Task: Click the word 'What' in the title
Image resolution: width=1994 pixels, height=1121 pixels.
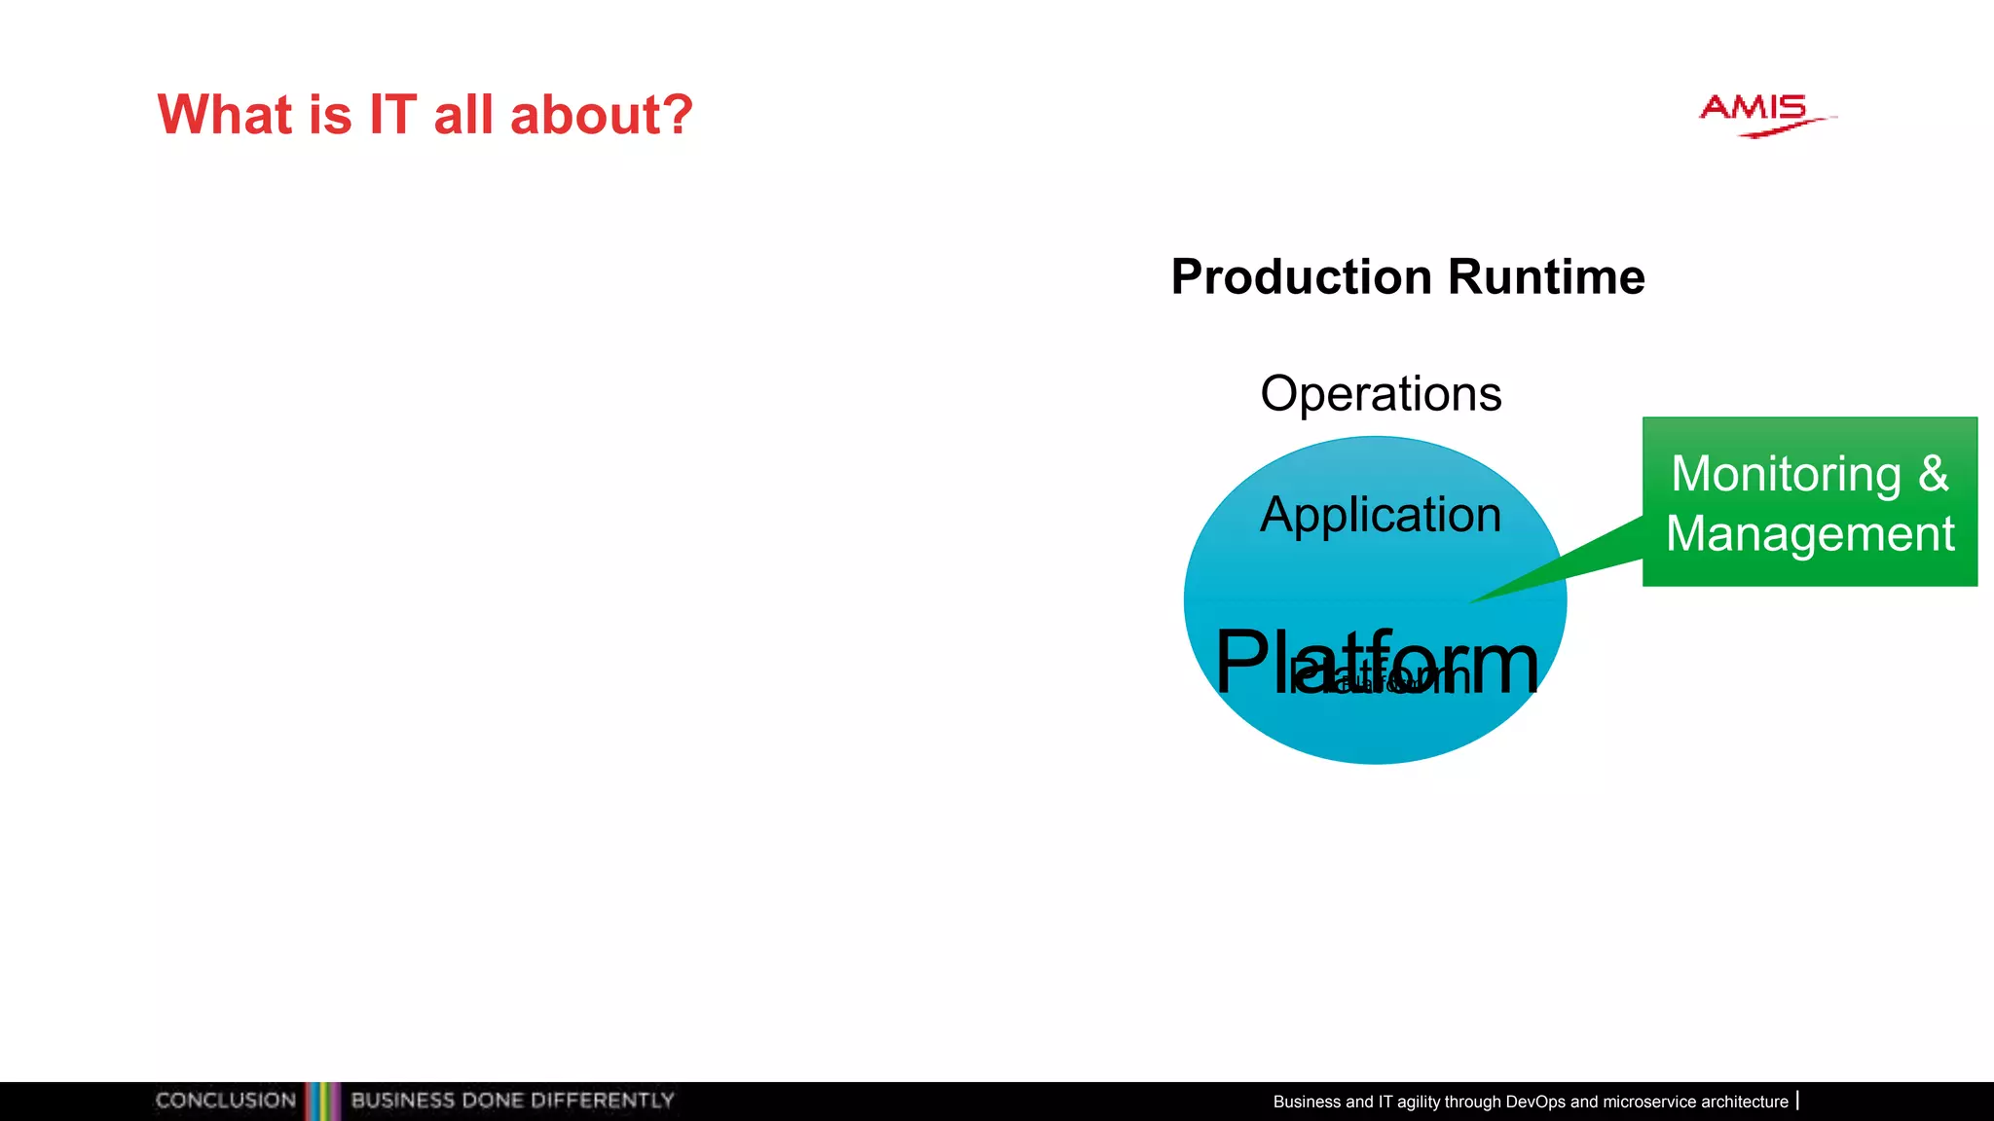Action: (225, 115)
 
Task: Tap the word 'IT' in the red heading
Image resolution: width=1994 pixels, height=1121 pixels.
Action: (392, 115)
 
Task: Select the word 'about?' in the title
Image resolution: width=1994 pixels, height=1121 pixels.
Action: (601, 115)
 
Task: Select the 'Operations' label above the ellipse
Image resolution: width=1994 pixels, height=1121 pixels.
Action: (1380, 394)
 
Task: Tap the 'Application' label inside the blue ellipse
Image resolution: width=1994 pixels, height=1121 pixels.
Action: (1380, 516)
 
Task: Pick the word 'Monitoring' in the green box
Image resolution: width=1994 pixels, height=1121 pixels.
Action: (1786, 475)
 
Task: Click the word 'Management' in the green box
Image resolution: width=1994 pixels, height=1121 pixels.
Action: (1810, 534)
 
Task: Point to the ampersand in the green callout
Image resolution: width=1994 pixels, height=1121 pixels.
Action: (1934, 475)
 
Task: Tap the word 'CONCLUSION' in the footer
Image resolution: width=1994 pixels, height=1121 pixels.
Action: (226, 1101)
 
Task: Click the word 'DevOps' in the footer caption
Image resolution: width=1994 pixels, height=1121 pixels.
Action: (1534, 1102)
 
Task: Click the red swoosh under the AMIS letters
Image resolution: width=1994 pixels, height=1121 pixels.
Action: (1782, 127)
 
